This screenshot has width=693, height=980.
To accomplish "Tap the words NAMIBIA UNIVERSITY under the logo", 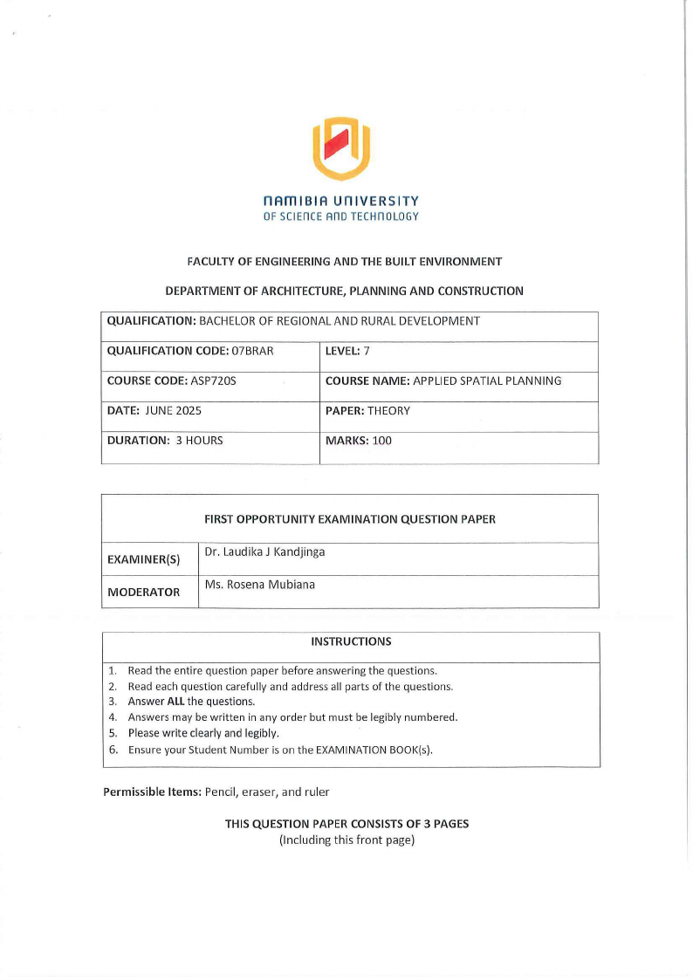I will coord(340,201).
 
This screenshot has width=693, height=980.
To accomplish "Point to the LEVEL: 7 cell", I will coord(347,351).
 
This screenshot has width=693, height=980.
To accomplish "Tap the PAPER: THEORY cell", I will coord(367,410).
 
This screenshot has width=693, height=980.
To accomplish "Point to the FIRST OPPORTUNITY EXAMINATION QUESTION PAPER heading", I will coord(350,518).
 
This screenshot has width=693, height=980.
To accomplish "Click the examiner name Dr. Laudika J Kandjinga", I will coord(264,552).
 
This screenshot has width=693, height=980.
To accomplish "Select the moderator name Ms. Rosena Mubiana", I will coord(259,585).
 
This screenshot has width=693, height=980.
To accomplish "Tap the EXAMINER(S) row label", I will coord(143,560).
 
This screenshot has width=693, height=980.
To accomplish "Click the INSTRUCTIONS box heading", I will coord(351,641).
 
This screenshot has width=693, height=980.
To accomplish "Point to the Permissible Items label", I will coord(152,792).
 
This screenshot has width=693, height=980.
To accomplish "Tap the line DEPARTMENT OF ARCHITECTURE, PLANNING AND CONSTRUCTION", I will coord(345,291).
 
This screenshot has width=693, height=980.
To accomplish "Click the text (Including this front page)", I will coord(346,840).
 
